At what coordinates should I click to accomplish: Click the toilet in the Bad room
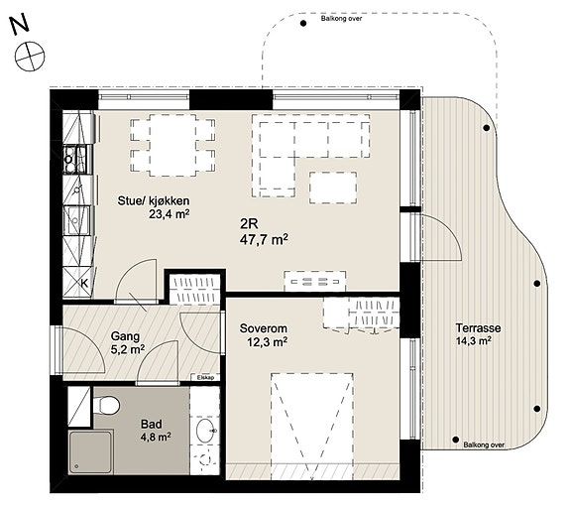[x=106, y=405]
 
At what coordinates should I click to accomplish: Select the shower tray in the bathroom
[x=90, y=452]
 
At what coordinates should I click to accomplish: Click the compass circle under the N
[x=30, y=57]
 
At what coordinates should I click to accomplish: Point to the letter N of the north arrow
[x=19, y=25]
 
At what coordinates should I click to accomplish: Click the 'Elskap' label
[x=205, y=377]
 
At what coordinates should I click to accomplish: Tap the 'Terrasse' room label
[x=478, y=327]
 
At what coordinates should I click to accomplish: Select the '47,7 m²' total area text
[x=264, y=240]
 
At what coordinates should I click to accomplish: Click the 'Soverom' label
[x=263, y=328]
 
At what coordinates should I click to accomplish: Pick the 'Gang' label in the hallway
[x=125, y=336]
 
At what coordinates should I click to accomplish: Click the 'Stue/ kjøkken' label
[x=154, y=200]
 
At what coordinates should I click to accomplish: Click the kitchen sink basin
[x=76, y=220]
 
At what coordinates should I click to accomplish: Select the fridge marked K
[x=77, y=283]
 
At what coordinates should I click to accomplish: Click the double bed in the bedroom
[x=312, y=426]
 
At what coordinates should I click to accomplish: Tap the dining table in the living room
[x=172, y=145]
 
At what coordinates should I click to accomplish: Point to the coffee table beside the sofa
[x=333, y=188]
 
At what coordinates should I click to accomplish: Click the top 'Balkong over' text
[x=341, y=18]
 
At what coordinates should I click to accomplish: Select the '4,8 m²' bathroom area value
[x=156, y=436]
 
